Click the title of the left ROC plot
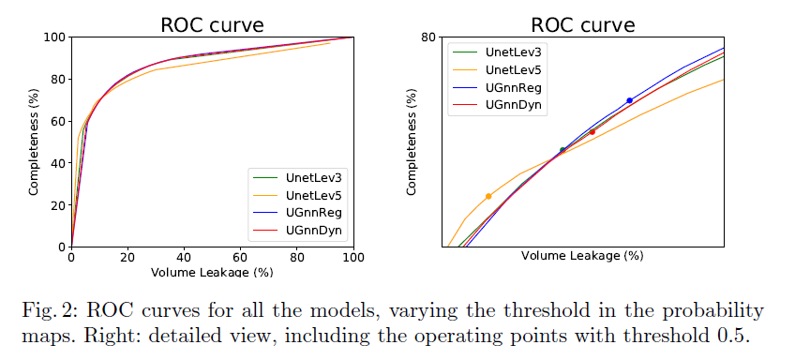(x=212, y=23)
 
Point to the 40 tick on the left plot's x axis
(x=184, y=259)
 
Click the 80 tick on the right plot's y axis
(x=429, y=37)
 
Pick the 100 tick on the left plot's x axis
(x=352, y=259)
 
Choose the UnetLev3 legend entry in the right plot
(x=514, y=52)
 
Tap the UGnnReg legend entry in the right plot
(x=513, y=87)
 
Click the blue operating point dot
(x=629, y=100)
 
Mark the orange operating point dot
(x=488, y=196)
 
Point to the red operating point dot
(x=592, y=132)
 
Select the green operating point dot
(x=562, y=150)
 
